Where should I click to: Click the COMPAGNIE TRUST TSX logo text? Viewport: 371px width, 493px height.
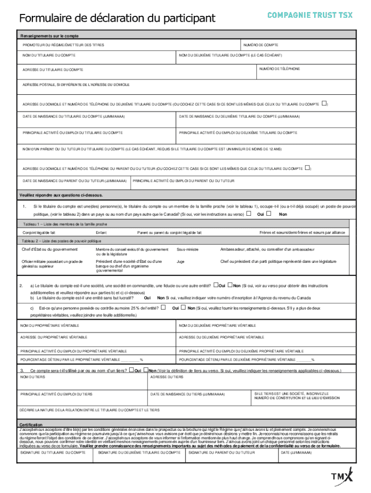point(310,15)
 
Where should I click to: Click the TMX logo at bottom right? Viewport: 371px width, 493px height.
point(342,476)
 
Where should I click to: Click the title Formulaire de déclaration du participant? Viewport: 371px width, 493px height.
point(117,19)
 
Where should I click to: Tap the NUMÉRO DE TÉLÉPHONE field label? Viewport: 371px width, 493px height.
point(279,69)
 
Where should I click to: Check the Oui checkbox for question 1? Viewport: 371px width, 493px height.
point(249,214)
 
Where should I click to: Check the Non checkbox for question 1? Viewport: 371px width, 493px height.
point(269,214)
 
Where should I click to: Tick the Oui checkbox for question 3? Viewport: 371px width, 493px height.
point(131,370)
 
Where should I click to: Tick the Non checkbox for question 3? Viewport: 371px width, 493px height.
point(145,370)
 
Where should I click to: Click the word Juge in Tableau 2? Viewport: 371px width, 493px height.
point(181,261)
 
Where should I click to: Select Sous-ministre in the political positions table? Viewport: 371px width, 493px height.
point(187,249)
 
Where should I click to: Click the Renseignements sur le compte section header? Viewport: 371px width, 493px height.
point(49,36)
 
